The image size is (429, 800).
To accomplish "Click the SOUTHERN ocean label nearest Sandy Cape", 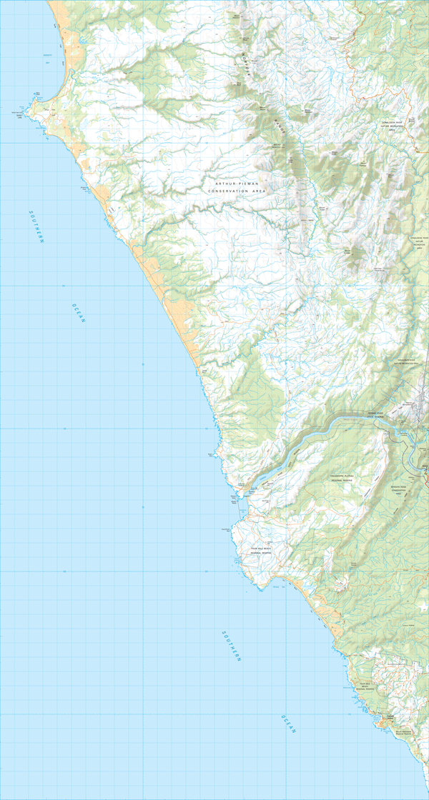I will [36, 227].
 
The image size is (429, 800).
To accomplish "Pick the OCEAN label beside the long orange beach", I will [78, 314].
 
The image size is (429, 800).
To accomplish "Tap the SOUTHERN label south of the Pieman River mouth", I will [231, 646].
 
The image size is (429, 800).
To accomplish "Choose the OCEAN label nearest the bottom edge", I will [287, 724].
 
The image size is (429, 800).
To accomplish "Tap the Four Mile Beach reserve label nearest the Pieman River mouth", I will [262, 551].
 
